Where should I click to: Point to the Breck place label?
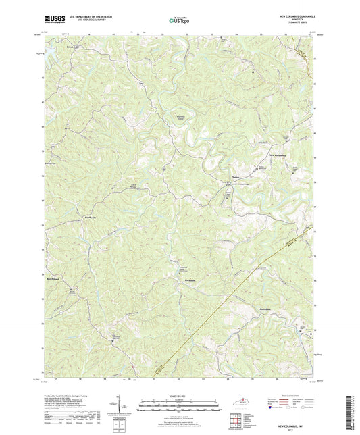pyautogui.click(x=70, y=47)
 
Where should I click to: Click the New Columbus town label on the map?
pyautogui.click(x=278, y=155)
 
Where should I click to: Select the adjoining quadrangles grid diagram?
pyautogui.click(x=236, y=421)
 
